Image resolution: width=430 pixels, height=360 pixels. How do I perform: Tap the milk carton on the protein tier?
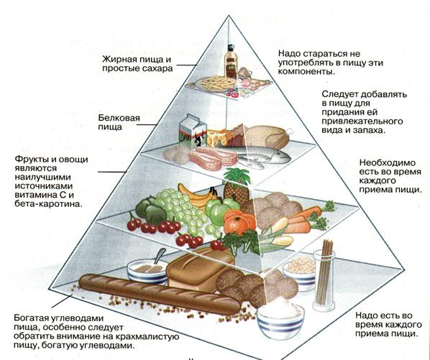click(193, 131)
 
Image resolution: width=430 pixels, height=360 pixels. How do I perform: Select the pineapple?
click(237, 186)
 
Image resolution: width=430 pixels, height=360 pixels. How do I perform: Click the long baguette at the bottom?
click(160, 293)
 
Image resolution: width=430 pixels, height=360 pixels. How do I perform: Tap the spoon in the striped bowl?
click(159, 257)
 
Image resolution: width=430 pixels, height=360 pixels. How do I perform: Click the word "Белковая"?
click(119, 118)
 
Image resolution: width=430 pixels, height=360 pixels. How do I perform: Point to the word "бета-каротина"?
click(48, 204)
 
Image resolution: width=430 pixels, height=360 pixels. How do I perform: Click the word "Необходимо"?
click(388, 162)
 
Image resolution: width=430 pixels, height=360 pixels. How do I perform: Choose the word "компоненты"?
click(306, 72)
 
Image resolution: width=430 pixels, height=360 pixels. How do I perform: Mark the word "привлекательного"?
click(362, 121)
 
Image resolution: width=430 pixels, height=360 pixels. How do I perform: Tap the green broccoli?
click(241, 241)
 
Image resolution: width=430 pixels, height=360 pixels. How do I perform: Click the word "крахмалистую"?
click(147, 336)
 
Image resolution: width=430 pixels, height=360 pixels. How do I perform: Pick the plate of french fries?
click(216, 83)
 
